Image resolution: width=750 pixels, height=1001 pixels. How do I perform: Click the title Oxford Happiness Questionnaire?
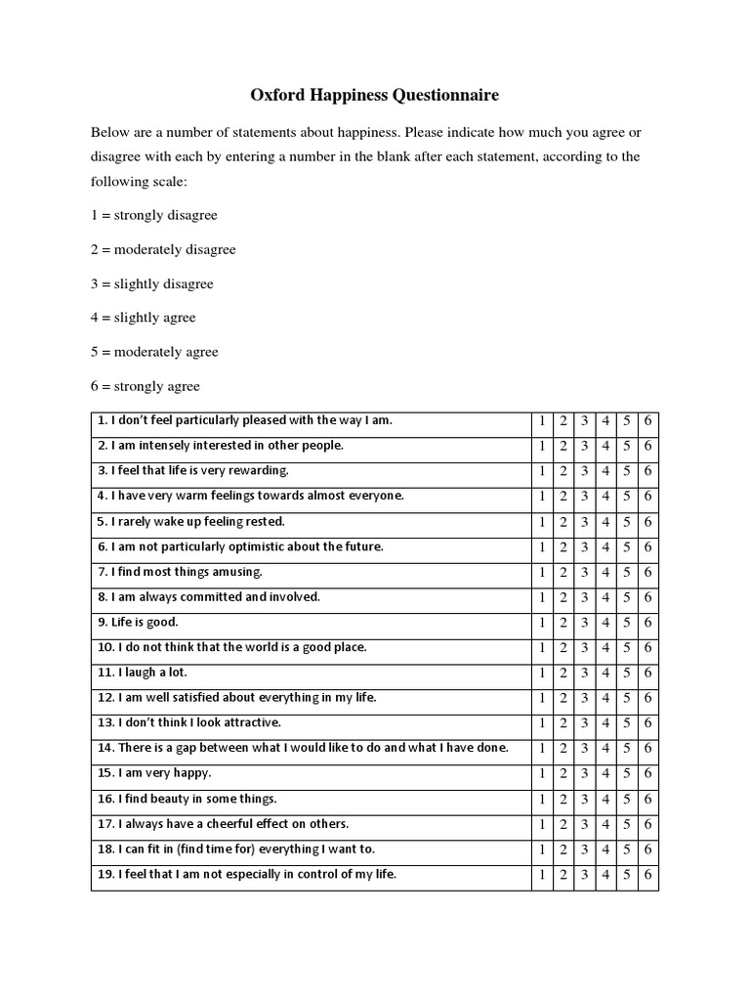click(375, 95)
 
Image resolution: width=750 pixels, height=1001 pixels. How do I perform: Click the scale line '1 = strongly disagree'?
click(153, 215)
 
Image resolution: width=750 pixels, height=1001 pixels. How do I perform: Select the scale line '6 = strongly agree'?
click(145, 386)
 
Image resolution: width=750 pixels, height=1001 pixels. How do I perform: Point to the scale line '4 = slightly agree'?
click(143, 318)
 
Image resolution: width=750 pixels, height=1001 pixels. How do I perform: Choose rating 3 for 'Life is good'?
click(584, 623)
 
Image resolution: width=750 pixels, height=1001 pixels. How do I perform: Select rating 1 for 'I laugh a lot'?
click(542, 674)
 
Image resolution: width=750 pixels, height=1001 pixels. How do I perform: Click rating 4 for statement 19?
click(605, 875)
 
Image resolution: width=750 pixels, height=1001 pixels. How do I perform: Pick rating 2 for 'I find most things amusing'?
click(563, 573)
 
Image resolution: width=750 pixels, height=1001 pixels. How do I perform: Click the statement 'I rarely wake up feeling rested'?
click(190, 521)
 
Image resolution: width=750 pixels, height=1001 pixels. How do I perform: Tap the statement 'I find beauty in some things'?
click(187, 799)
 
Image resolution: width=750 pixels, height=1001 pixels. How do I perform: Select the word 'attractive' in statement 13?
click(247, 722)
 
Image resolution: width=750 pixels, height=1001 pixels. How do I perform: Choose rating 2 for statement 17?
click(563, 824)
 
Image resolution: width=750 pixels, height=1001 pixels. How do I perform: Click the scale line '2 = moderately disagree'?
click(163, 249)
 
